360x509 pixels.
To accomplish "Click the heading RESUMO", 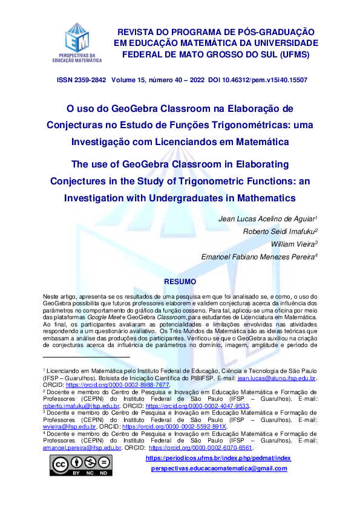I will pos(180,282).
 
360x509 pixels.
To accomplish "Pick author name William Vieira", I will pos(295,244).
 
